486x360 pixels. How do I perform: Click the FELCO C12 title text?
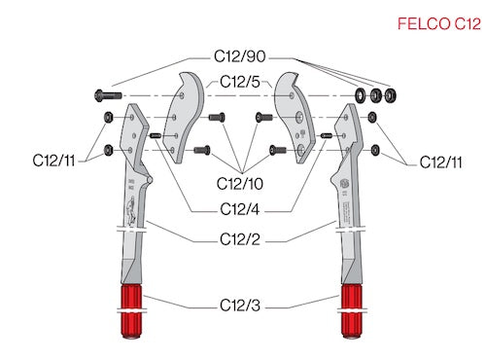click(x=439, y=24)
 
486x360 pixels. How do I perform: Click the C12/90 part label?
click(x=240, y=56)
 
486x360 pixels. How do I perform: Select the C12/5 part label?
click(x=240, y=82)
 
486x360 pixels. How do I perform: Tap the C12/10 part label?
click(x=240, y=184)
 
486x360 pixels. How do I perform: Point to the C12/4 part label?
click(x=240, y=209)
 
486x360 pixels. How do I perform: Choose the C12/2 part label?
click(x=240, y=239)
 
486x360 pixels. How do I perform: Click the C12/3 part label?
click(x=240, y=306)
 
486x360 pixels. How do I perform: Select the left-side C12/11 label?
click(x=53, y=161)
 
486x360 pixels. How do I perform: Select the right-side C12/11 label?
click(x=440, y=162)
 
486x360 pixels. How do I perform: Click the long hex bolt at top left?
click(x=108, y=95)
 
